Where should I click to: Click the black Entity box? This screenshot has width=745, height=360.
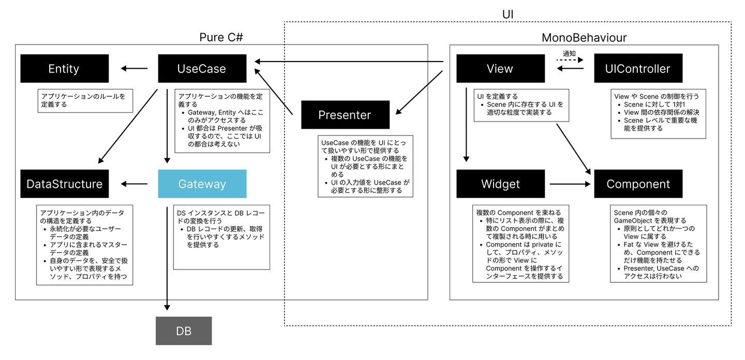coord(65,69)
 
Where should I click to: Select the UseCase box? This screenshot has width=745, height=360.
coord(202,69)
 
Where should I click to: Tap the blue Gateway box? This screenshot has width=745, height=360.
coord(202,184)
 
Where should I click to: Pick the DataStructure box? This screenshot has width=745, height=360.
coord(65,184)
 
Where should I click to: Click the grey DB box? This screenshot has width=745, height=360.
coord(184,331)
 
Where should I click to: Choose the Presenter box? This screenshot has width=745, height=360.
coord(345,115)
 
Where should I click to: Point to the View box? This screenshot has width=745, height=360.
coord(500,69)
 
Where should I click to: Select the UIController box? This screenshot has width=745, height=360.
coord(638,69)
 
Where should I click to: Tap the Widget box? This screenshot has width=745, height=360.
coord(500,184)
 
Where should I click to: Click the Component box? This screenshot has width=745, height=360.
coord(638,184)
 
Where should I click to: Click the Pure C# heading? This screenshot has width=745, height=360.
coord(221,38)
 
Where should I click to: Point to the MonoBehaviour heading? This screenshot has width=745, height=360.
coord(584,38)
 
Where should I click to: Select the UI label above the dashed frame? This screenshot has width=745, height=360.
coord(508,14)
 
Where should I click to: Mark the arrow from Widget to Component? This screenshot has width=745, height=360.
coord(570,184)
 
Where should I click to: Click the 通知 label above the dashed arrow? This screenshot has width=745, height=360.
coord(570,54)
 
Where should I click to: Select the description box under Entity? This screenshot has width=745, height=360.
coord(85,100)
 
